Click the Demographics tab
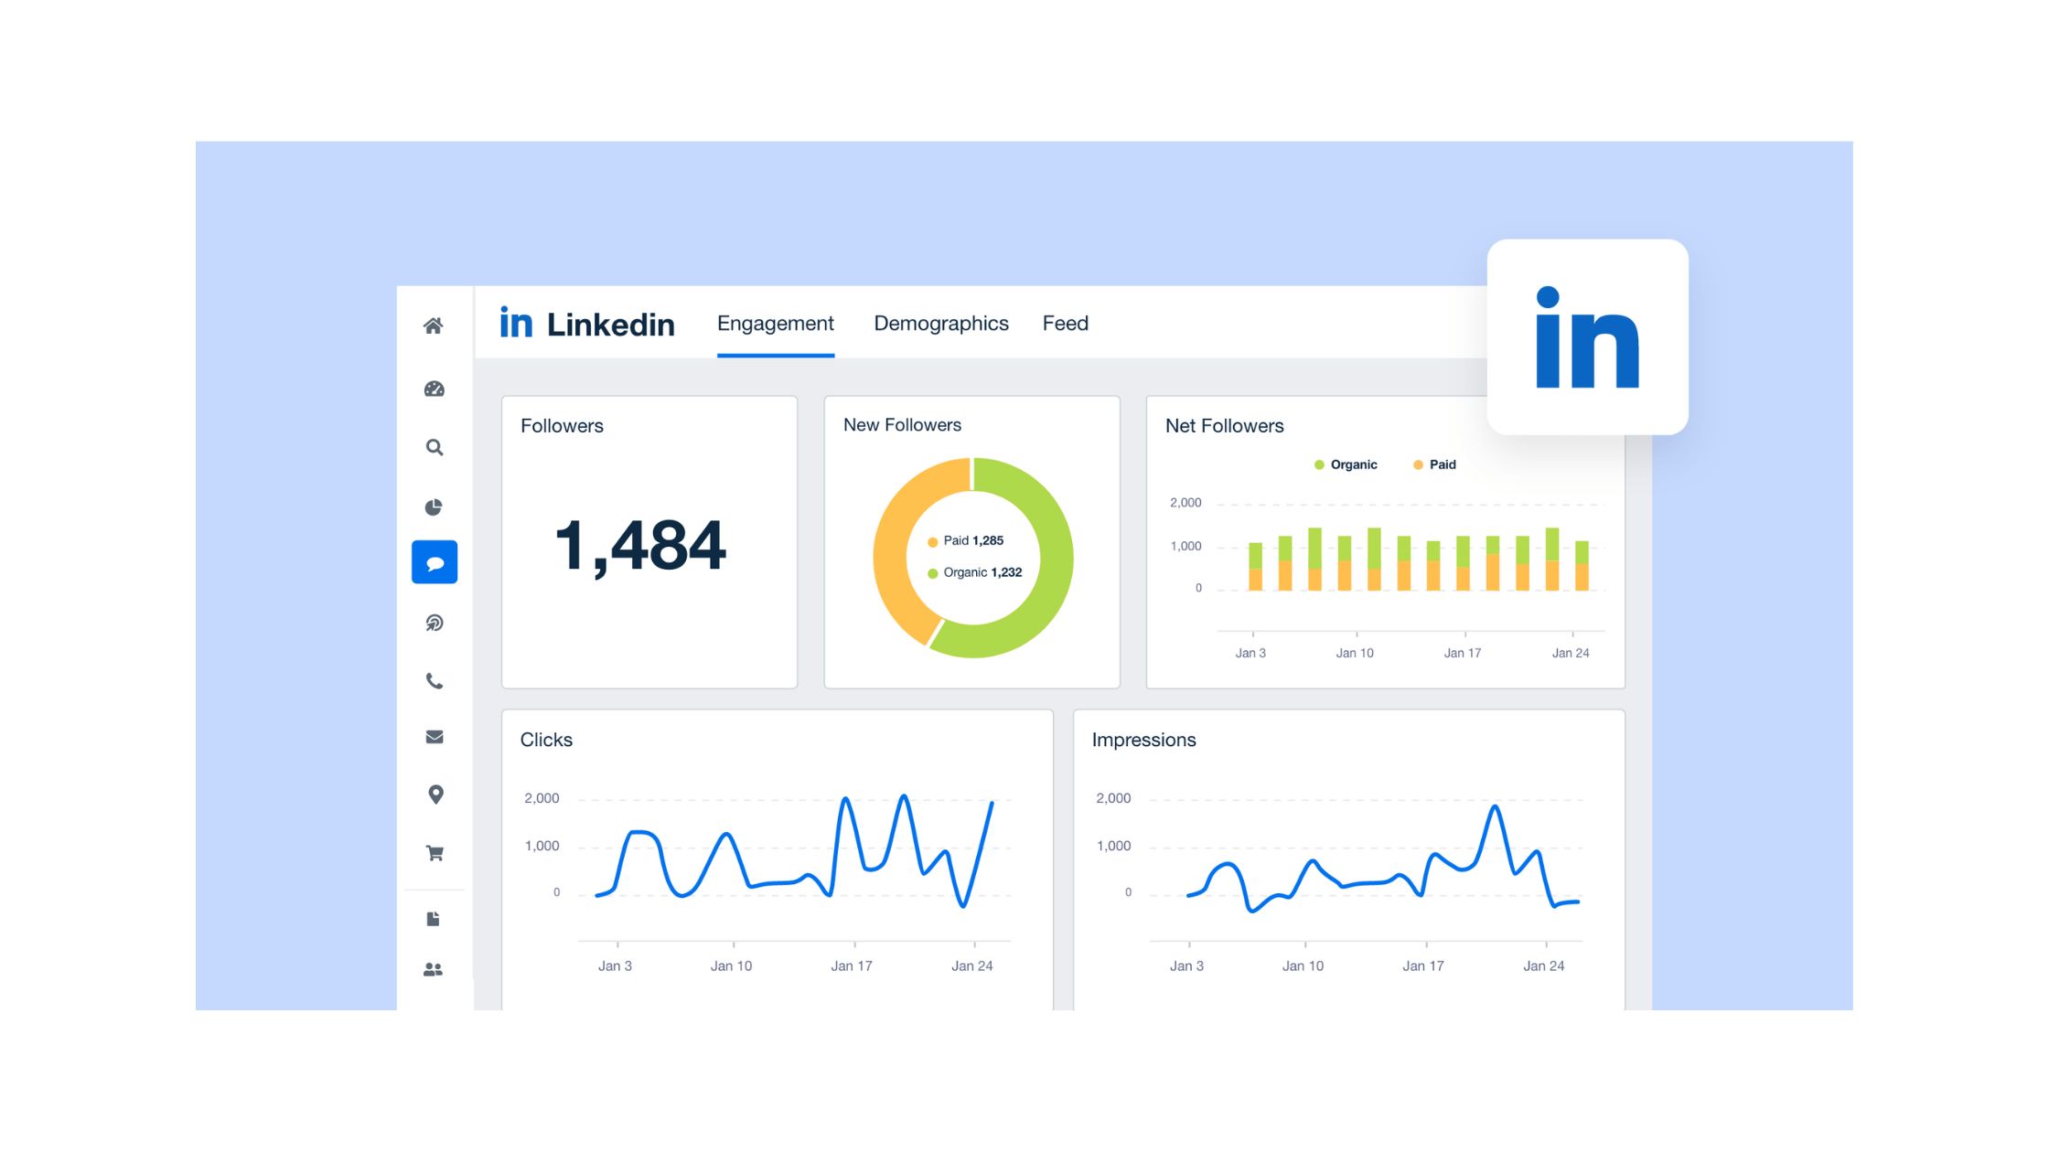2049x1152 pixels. point(940,324)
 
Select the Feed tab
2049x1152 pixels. point(1065,324)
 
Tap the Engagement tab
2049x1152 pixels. point(775,324)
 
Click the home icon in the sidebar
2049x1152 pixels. point(434,326)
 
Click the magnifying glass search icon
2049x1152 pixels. point(434,448)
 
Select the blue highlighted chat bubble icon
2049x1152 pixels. point(434,562)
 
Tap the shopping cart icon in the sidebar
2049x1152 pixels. point(434,853)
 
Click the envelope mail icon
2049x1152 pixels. point(434,737)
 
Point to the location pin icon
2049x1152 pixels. point(435,795)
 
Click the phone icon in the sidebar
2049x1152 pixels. point(434,681)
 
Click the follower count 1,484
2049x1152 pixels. point(640,546)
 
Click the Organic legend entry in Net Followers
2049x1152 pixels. point(1346,464)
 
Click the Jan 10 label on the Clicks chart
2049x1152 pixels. point(731,965)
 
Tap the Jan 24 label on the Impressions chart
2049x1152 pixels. point(1543,965)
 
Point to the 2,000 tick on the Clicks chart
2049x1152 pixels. point(542,798)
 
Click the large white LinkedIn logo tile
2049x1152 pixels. point(1587,336)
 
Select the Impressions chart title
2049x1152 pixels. point(1143,740)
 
